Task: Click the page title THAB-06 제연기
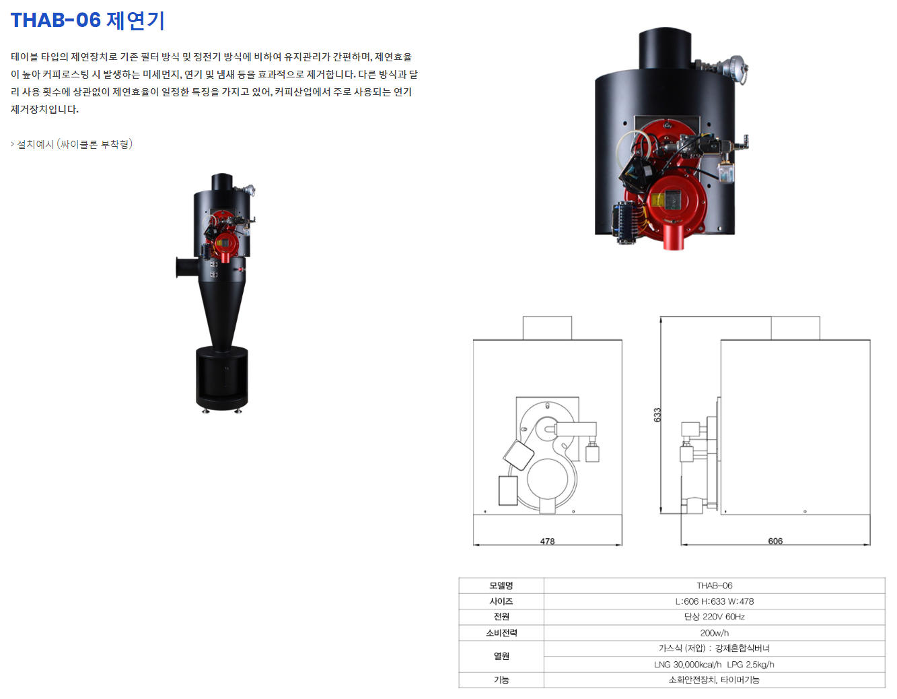(87, 20)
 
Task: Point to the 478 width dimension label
(547, 541)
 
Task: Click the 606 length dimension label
(775, 541)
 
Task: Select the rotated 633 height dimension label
(657, 415)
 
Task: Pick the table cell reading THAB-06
(714, 585)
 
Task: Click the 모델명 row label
(501, 585)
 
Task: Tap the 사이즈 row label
(501, 601)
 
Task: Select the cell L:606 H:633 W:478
(714, 601)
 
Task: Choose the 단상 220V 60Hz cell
(714, 616)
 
